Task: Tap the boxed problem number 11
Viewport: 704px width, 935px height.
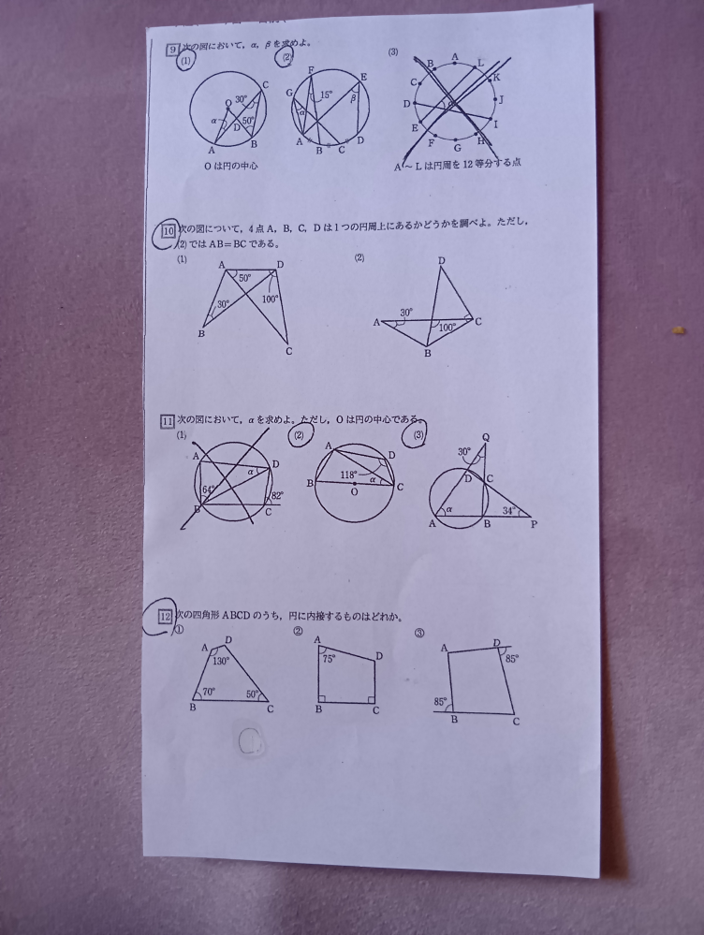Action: point(169,421)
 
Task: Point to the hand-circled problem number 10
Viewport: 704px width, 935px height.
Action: point(169,228)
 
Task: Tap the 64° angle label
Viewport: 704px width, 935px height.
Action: point(209,489)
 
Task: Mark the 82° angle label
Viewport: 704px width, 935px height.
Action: point(277,496)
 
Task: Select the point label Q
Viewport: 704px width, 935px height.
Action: point(485,437)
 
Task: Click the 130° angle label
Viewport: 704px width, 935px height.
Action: point(220,661)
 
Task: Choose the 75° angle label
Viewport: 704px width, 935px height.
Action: point(329,659)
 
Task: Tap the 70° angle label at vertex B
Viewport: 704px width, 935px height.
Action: point(207,693)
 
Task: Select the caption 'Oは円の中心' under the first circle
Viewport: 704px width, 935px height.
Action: point(226,166)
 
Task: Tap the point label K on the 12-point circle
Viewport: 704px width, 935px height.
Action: point(496,77)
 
